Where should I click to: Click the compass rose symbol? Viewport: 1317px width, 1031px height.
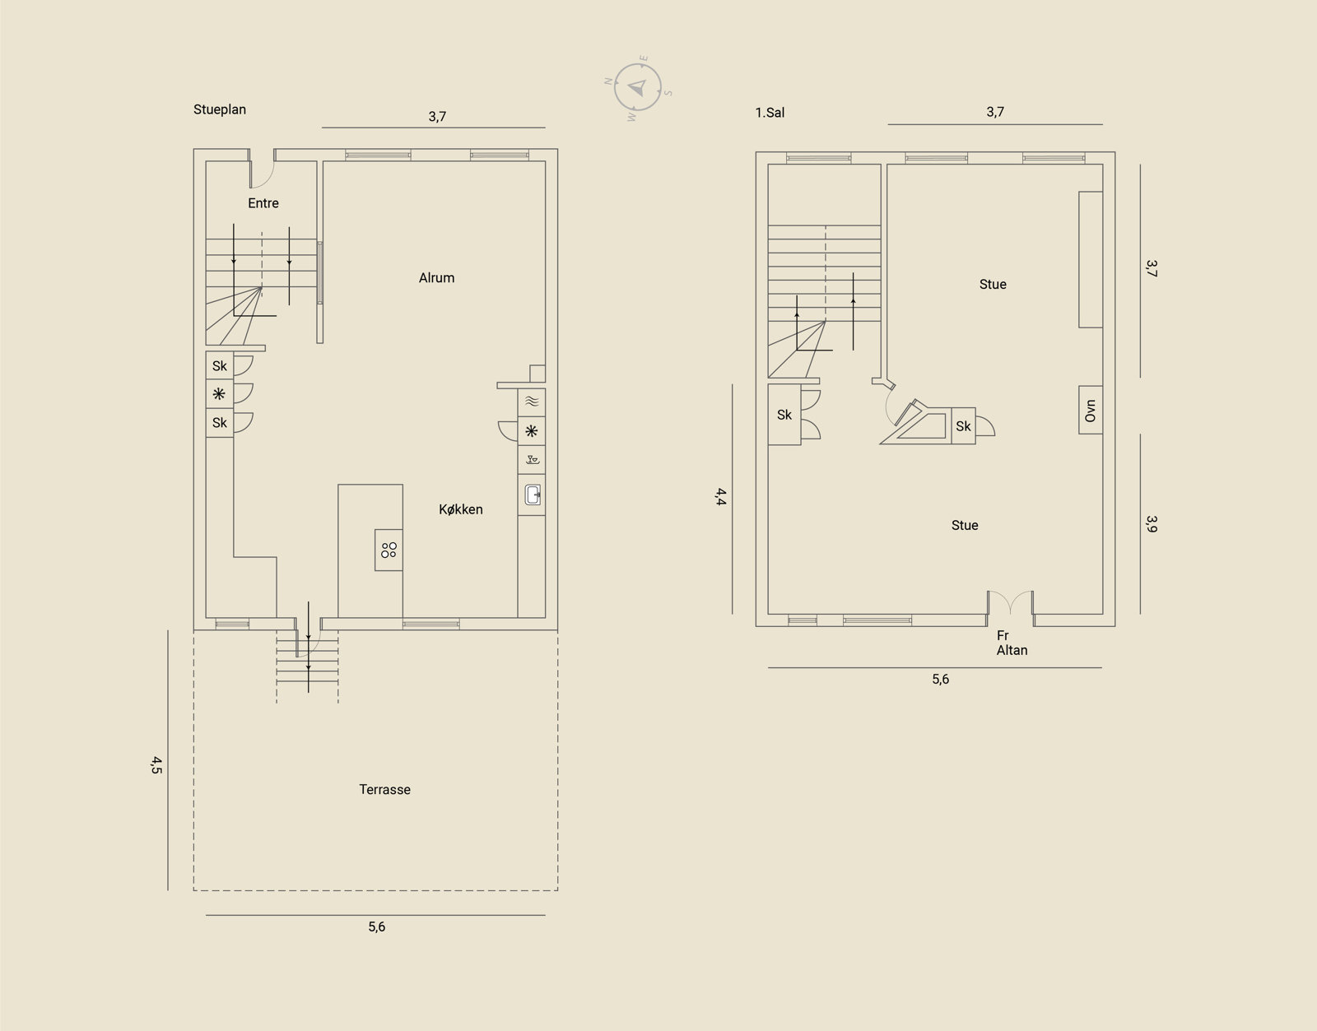pyautogui.click(x=638, y=88)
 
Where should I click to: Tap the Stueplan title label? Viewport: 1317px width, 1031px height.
pyautogui.click(x=220, y=109)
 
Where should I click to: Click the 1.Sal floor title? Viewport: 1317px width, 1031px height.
pyautogui.click(x=770, y=113)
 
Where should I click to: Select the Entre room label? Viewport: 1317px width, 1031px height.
pyautogui.click(x=263, y=203)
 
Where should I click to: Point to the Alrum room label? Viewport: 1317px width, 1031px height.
pyautogui.click(x=436, y=278)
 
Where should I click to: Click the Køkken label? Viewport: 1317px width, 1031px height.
pyautogui.click(x=461, y=509)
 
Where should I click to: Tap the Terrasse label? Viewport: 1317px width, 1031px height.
pyautogui.click(x=385, y=789)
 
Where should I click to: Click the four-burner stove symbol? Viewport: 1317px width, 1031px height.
pyautogui.click(x=389, y=550)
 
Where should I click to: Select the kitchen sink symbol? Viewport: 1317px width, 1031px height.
pyautogui.click(x=533, y=495)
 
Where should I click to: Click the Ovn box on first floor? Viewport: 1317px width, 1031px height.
pyautogui.click(x=1091, y=410)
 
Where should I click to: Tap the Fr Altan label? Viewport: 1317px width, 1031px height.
pyautogui.click(x=1012, y=643)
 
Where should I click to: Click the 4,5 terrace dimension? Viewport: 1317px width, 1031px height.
pyautogui.click(x=156, y=765)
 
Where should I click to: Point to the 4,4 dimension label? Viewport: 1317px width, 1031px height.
pyautogui.click(x=720, y=497)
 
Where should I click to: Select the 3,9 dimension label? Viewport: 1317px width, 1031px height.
pyautogui.click(x=1152, y=524)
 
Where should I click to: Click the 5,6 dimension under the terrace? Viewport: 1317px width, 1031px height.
pyautogui.click(x=376, y=927)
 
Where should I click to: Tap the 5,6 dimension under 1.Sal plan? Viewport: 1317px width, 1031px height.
pyautogui.click(x=941, y=680)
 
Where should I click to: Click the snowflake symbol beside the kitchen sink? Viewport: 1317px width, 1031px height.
pyautogui.click(x=532, y=431)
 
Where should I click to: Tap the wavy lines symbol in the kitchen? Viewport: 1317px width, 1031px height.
pyautogui.click(x=532, y=401)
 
